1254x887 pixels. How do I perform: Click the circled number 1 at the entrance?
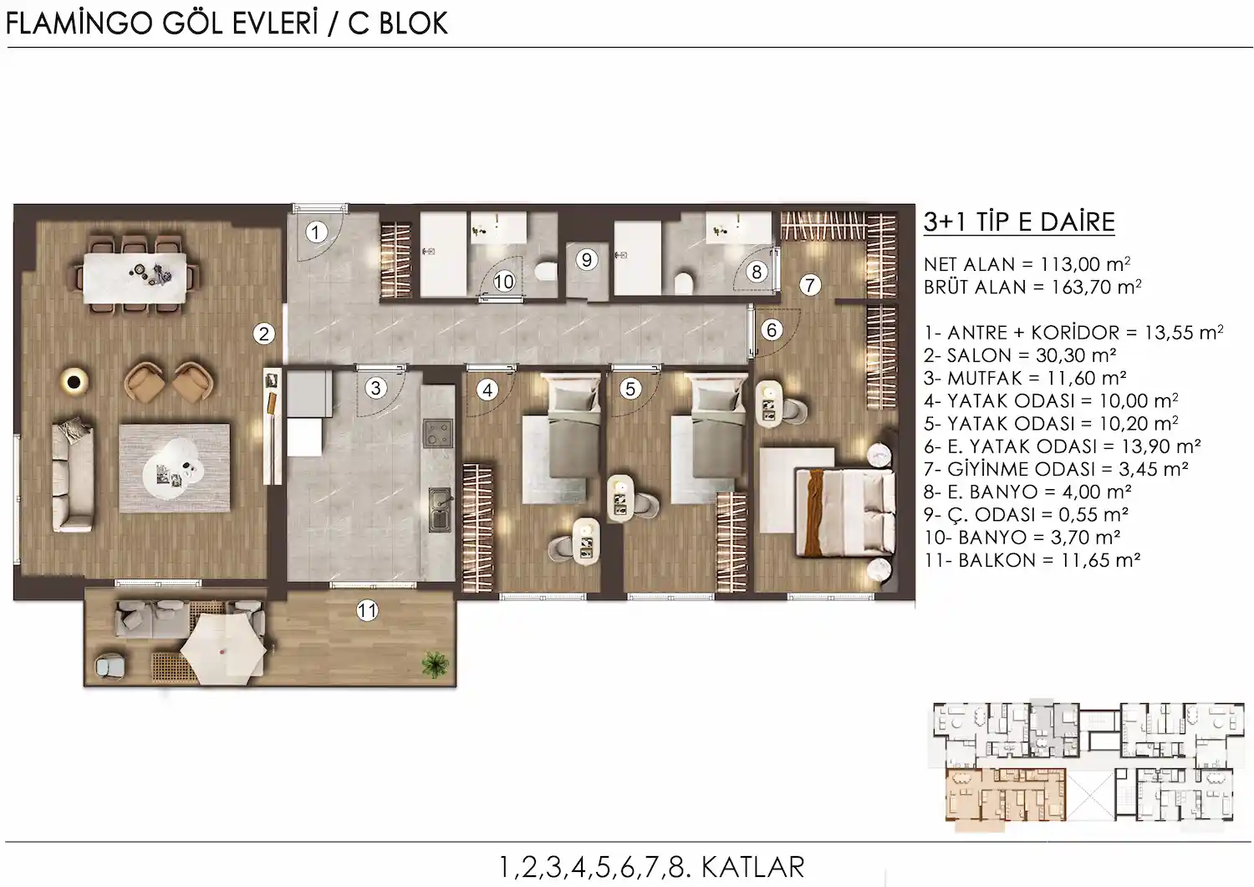click(x=316, y=232)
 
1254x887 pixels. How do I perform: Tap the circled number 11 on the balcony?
click(x=367, y=609)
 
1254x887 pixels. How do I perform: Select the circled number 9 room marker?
click(x=587, y=260)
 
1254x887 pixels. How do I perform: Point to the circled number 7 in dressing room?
click(x=809, y=285)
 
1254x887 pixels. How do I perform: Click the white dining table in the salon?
click(x=135, y=278)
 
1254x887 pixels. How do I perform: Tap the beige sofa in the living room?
click(x=74, y=476)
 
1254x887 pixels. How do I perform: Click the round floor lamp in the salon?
click(x=74, y=382)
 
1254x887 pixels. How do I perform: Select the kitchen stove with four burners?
click(x=438, y=433)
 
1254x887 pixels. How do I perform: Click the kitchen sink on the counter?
click(x=441, y=509)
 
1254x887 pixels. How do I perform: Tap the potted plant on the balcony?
click(x=436, y=664)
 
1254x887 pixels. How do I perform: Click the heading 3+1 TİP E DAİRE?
click(x=1019, y=222)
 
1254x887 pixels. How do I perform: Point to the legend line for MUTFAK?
click(x=1024, y=378)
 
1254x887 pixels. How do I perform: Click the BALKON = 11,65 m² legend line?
click(x=1032, y=560)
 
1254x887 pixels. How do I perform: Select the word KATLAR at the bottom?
click(x=753, y=867)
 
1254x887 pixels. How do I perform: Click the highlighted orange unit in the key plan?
click(x=1006, y=795)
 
